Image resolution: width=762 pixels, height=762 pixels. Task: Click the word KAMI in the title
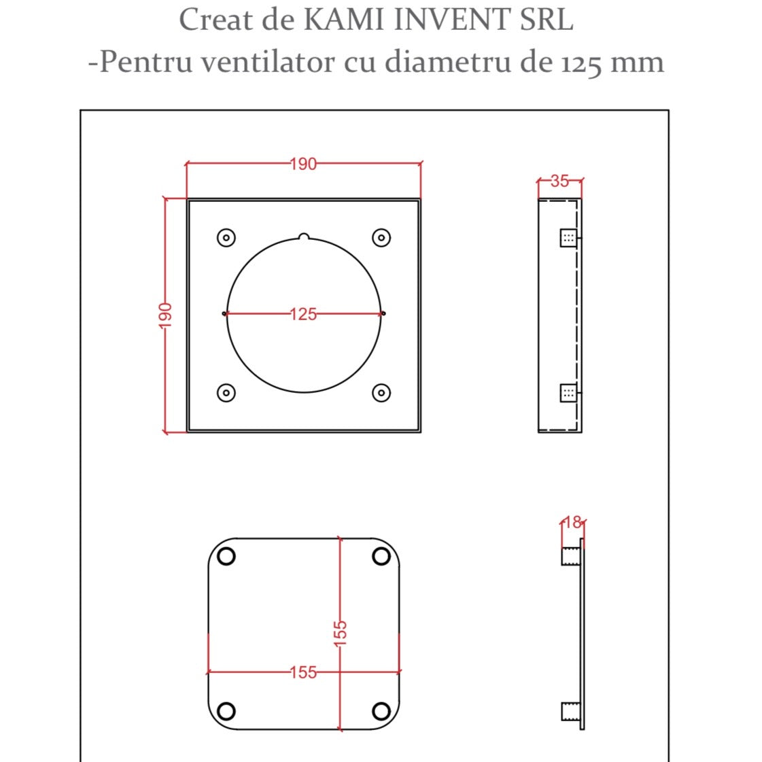point(344,20)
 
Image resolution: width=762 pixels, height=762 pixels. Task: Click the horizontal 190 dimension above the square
point(303,164)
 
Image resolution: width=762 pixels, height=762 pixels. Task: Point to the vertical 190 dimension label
point(165,315)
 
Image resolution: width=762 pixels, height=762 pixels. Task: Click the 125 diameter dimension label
point(303,314)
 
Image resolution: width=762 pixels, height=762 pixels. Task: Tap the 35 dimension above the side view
point(559,181)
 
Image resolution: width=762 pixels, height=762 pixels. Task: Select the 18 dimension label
point(573,523)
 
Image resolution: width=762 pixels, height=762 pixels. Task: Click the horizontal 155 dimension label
point(303,672)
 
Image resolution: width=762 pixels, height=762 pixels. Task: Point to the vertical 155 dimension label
point(341,631)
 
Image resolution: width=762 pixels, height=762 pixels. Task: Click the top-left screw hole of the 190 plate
point(226,237)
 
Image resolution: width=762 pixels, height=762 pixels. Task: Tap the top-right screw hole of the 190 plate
point(381,237)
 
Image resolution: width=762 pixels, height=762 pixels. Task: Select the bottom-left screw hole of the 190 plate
point(226,392)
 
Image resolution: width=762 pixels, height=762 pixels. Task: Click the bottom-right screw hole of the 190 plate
point(381,392)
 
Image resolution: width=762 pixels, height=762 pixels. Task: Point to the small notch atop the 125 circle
point(304,237)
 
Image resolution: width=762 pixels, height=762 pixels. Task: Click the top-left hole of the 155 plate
point(226,556)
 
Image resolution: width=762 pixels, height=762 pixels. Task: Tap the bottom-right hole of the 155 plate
point(381,712)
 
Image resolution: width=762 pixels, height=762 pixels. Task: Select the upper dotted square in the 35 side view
point(568,238)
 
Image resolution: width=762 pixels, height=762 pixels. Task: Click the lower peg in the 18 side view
point(570,712)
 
